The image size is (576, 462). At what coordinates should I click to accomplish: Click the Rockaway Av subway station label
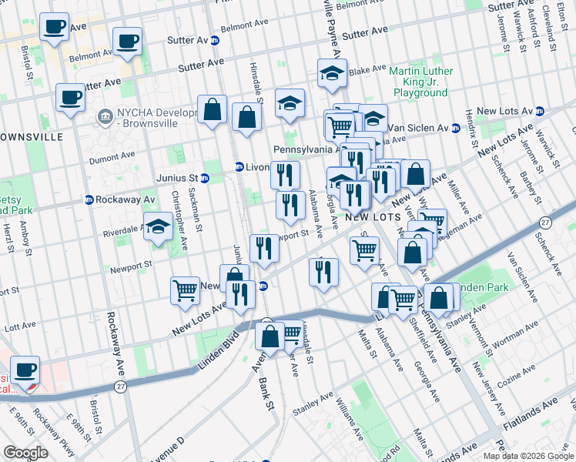[x=119, y=199]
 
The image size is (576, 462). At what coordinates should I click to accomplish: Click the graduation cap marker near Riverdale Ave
[x=159, y=227]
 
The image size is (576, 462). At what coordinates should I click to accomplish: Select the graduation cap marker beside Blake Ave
[x=332, y=74]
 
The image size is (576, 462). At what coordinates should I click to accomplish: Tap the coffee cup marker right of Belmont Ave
[x=127, y=40]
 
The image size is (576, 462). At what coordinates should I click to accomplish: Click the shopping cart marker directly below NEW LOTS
[x=364, y=249]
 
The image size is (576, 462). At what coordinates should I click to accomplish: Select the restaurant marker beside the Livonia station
[x=285, y=175]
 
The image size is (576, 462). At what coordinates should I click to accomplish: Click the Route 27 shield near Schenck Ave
[x=545, y=222]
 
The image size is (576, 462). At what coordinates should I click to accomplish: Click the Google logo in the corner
[x=25, y=453]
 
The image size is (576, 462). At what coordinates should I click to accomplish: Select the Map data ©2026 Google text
[x=527, y=456]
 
